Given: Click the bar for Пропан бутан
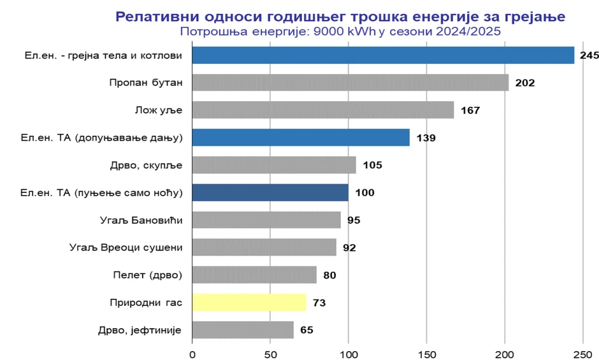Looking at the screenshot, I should coord(350,83).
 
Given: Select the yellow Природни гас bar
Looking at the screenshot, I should coord(249,302).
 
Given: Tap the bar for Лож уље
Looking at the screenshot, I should coord(323,110).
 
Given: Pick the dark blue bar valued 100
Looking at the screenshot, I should coord(270,192).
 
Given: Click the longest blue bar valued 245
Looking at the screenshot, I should coord(383,55).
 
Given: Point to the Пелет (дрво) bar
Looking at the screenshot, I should coord(254,275).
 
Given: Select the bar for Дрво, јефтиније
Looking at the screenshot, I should coord(243,329).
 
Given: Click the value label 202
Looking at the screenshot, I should coord(525,83).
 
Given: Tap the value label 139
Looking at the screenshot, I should coord(426,138).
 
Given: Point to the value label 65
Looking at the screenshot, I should coord(307,330).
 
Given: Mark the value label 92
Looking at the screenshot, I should coord(349,248).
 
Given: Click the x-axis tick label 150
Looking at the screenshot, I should coord(427,353).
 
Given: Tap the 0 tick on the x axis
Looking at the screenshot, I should coord(192,353).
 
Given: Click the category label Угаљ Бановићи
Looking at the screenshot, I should coord(141,220).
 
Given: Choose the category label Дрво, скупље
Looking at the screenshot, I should coord(147,166).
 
